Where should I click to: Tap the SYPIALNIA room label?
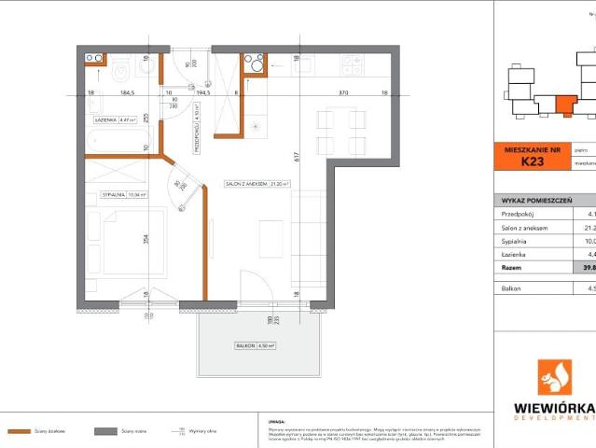tap(118, 195)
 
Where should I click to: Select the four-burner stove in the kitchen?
tap(353, 65)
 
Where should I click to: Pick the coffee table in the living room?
tap(271, 237)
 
